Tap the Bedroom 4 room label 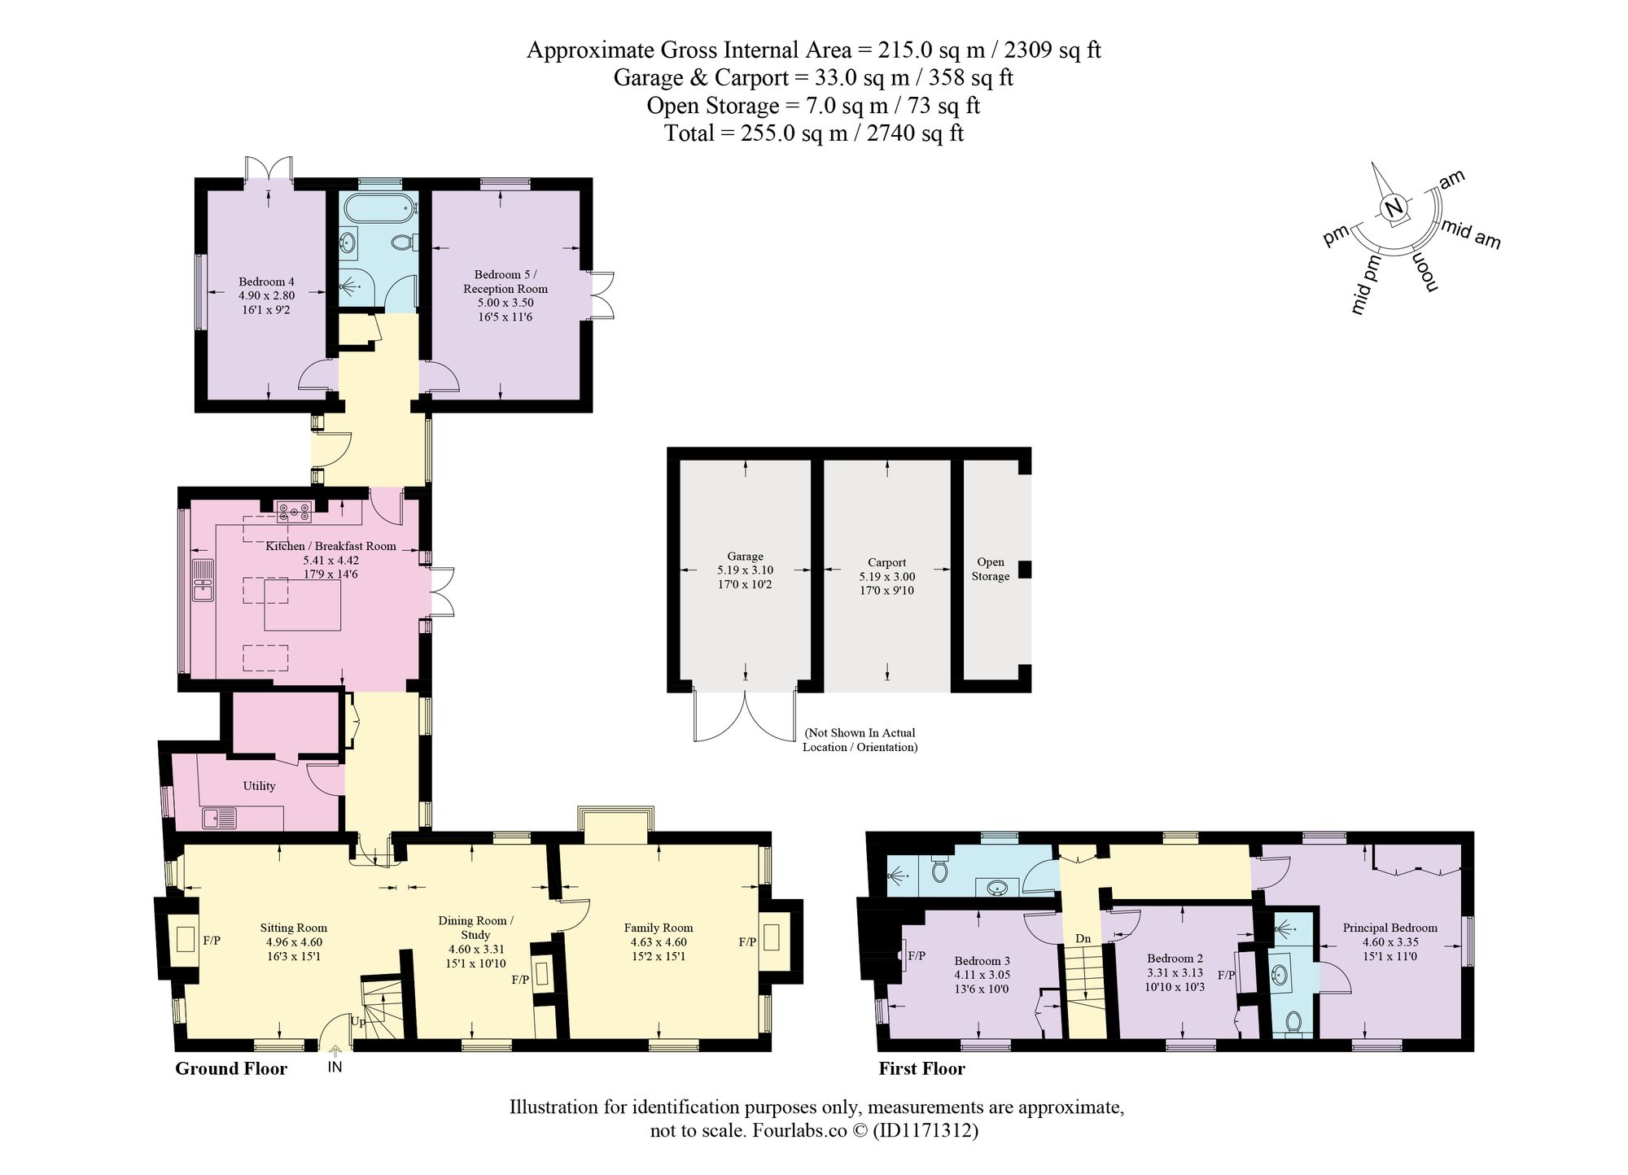tap(266, 282)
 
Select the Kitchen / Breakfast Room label tap(330, 546)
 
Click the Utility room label tap(259, 786)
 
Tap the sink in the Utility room tap(219, 817)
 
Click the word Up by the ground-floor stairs tap(358, 1022)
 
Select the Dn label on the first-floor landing tap(1083, 939)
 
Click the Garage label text tap(746, 557)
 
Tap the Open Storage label tap(991, 569)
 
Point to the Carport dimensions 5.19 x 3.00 tap(886, 576)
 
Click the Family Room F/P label tap(747, 942)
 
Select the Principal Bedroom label tap(1390, 928)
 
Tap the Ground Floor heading tap(231, 1068)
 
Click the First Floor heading tap(921, 1068)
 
